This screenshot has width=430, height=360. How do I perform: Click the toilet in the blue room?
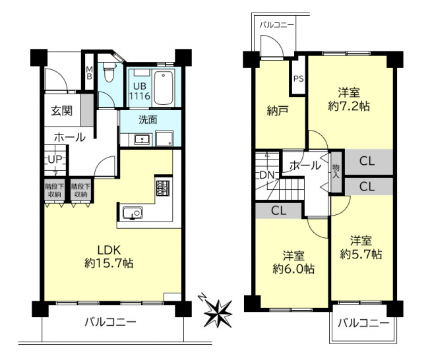click(x=109, y=72)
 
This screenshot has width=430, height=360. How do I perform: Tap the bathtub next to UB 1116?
click(x=164, y=88)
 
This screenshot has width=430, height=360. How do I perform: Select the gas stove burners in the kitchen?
click(x=163, y=188)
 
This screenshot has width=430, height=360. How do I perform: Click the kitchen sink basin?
click(x=133, y=213)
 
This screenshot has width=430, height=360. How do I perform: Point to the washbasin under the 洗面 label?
click(x=142, y=140)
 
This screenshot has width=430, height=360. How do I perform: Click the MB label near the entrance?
click(x=89, y=73)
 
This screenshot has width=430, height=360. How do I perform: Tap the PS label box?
click(x=299, y=79)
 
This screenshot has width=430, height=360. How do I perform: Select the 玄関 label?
click(x=62, y=111)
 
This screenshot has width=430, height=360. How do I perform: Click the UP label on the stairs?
click(x=55, y=160)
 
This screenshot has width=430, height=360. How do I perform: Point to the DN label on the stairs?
click(x=267, y=175)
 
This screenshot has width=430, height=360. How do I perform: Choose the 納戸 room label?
click(x=278, y=111)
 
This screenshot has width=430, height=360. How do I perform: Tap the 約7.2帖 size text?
click(x=349, y=106)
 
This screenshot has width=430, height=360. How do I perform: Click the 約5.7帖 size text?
click(x=361, y=255)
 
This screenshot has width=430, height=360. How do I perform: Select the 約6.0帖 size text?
click(x=293, y=269)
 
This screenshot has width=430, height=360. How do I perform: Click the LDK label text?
click(x=109, y=250)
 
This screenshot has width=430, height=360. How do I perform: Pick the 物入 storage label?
click(x=336, y=171)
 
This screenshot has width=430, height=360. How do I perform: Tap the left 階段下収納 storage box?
click(x=55, y=191)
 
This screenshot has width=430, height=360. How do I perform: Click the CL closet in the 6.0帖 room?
click(x=278, y=211)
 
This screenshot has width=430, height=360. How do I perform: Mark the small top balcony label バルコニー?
click(x=277, y=25)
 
